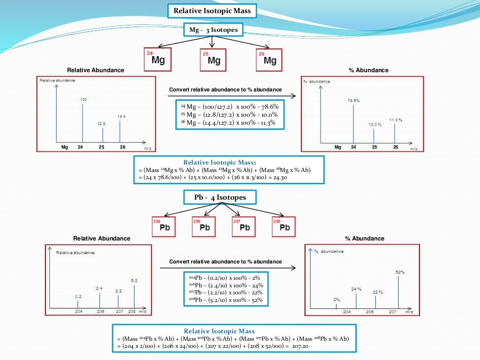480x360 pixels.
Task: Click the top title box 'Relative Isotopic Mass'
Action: [212, 11]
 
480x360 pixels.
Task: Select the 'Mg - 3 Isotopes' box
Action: [213, 30]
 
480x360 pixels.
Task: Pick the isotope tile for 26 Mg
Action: [269, 59]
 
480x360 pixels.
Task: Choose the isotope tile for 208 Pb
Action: [284, 226]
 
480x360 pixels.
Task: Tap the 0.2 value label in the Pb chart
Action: [78, 297]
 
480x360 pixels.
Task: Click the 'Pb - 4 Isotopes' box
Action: [220, 197]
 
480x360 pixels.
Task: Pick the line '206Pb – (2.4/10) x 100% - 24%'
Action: [225, 285]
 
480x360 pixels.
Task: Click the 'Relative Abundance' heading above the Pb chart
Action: [102, 238]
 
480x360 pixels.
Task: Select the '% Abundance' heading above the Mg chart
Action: [368, 70]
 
